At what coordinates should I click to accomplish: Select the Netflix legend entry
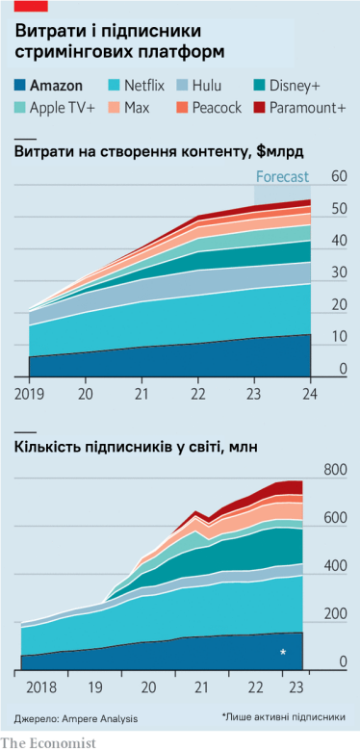click(135, 86)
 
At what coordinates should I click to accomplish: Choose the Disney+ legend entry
click(294, 86)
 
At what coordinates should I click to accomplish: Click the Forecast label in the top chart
click(281, 176)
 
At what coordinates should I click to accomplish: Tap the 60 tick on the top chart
click(338, 176)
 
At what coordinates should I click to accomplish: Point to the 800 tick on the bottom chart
click(335, 469)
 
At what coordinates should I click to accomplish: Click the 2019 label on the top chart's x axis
click(29, 394)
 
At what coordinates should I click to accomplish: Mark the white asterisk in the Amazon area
click(283, 653)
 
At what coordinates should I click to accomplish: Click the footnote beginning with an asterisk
click(283, 717)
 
